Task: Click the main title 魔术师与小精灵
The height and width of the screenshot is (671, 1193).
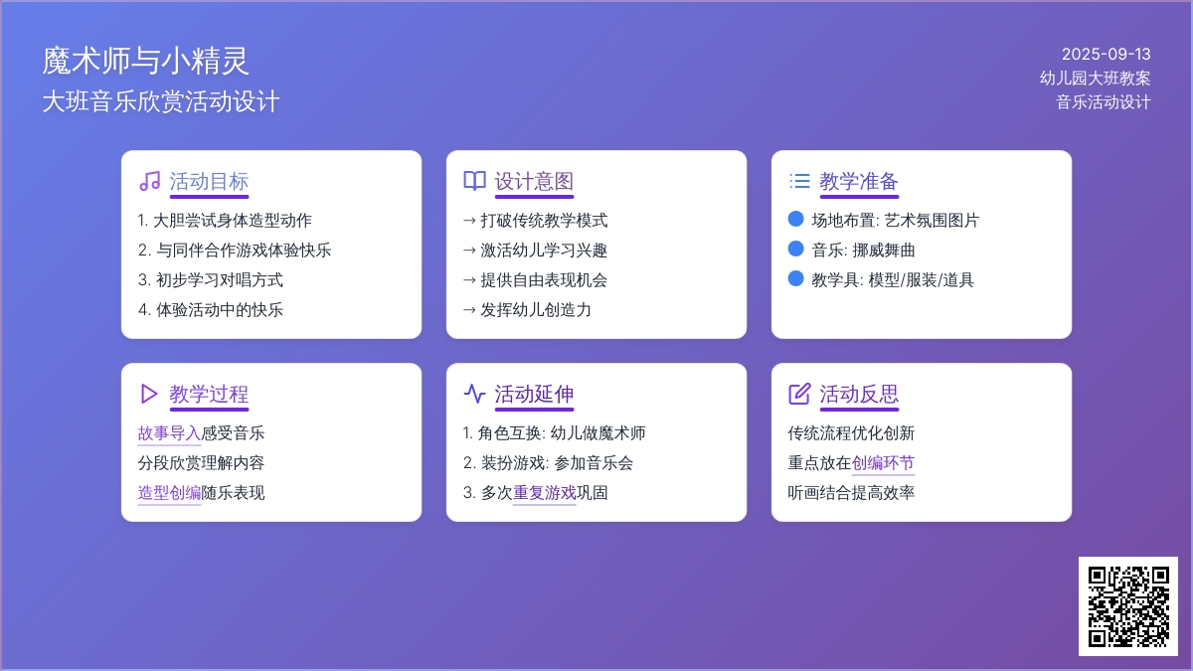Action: [145, 61]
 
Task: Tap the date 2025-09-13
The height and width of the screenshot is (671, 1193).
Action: [1107, 55]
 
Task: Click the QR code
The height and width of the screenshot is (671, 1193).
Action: [1128, 606]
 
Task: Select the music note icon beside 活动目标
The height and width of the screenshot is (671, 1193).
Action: [150, 181]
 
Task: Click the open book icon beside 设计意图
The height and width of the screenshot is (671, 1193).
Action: [474, 181]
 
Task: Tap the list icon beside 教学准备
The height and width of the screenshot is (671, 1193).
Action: [799, 181]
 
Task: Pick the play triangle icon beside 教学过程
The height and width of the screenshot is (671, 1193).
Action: [149, 394]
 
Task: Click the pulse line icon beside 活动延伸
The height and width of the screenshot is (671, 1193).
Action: [474, 394]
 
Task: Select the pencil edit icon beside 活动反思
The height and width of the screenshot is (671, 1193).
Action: [799, 394]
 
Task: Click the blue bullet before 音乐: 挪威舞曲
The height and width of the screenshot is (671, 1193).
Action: [795, 249]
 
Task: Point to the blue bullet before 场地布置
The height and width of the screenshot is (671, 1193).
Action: [795, 219]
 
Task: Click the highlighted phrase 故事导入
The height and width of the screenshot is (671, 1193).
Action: [169, 433]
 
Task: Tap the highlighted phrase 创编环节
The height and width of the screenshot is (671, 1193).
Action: [883, 463]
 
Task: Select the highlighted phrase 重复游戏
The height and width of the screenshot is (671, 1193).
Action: [545, 493]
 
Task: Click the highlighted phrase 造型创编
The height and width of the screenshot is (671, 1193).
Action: [169, 493]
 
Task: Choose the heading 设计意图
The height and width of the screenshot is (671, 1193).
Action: [534, 182]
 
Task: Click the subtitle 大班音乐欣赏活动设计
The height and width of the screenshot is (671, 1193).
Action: [161, 101]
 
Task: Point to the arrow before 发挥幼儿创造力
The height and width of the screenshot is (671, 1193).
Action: [469, 310]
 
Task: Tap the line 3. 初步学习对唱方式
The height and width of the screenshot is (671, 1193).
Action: [211, 280]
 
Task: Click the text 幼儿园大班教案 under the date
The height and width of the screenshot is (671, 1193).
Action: [1095, 79]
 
